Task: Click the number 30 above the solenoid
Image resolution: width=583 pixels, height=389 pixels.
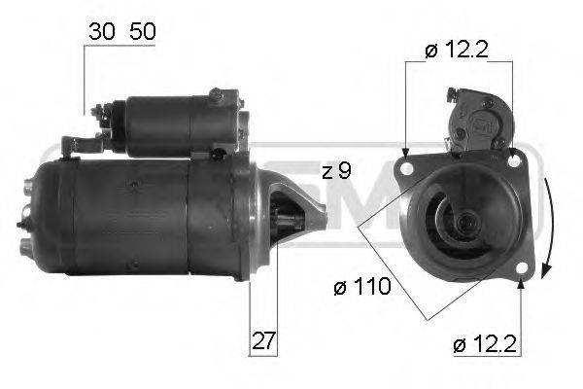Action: [97, 31]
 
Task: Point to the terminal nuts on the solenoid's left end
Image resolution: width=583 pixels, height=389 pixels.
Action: [99, 120]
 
